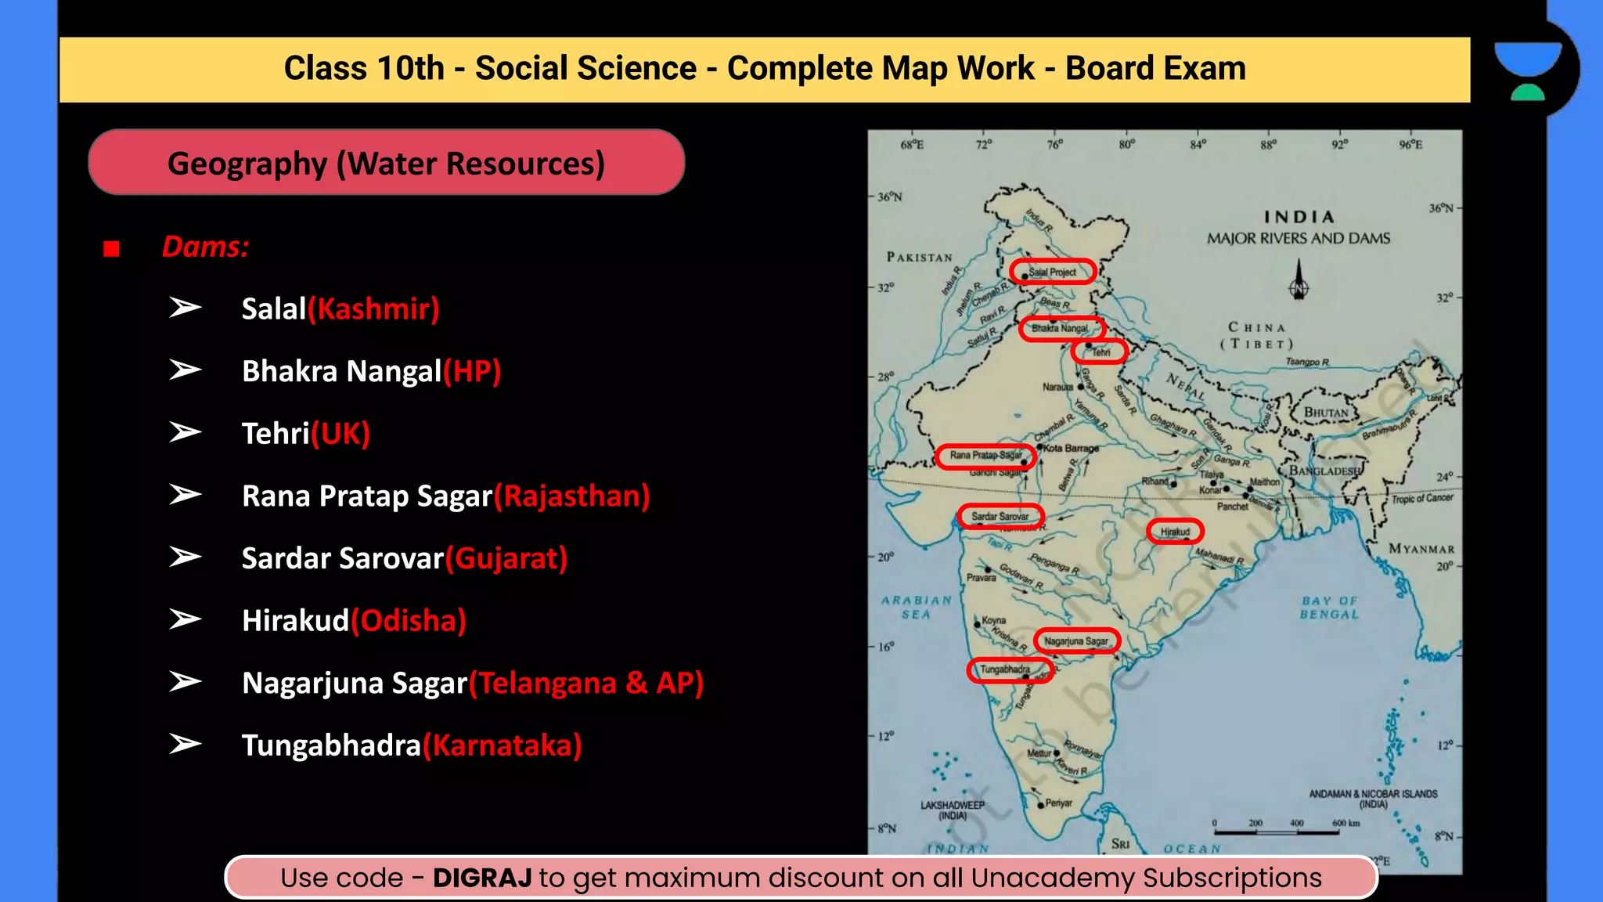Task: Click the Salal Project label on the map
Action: click(x=1052, y=272)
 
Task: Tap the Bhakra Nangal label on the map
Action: click(x=1060, y=328)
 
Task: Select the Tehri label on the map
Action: click(x=1101, y=352)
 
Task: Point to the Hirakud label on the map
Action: click(x=1175, y=532)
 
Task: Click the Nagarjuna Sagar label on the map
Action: click(x=1076, y=641)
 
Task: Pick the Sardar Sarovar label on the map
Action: click(x=1000, y=517)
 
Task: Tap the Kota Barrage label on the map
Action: click(x=1071, y=449)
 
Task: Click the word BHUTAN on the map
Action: click(x=1326, y=413)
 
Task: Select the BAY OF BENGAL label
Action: click(x=1329, y=608)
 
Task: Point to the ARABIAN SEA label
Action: click(x=917, y=608)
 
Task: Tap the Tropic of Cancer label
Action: click(x=1421, y=498)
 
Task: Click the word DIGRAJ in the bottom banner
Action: click(x=482, y=878)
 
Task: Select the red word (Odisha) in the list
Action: click(x=409, y=621)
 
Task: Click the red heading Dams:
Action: click(x=205, y=247)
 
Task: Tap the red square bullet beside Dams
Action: click(x=111, y=249)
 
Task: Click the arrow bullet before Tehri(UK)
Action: click(x=185, y=432)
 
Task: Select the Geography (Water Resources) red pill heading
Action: click(x=387, y=163)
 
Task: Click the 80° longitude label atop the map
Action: click(x=1126, y=145)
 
